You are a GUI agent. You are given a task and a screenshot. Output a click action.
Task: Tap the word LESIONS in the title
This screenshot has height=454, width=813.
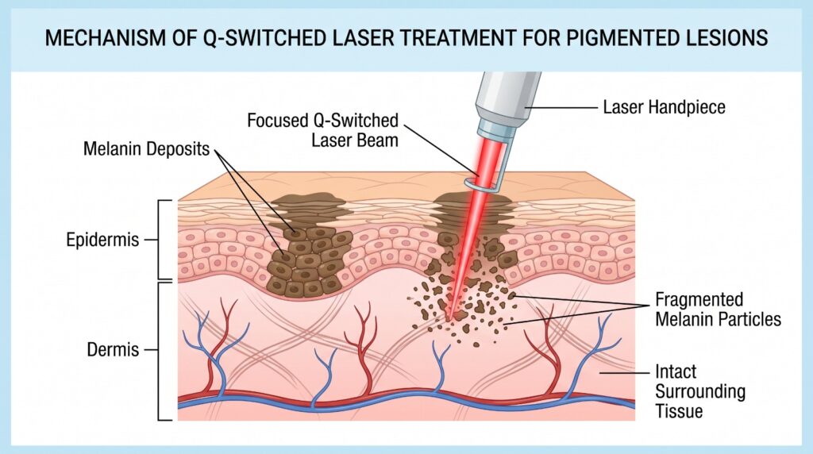click(728, 38)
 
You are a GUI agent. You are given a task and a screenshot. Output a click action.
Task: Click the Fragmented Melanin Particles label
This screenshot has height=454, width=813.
click(718, 310)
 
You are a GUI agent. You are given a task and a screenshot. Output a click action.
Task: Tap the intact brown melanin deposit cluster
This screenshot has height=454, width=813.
click(306, 254)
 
